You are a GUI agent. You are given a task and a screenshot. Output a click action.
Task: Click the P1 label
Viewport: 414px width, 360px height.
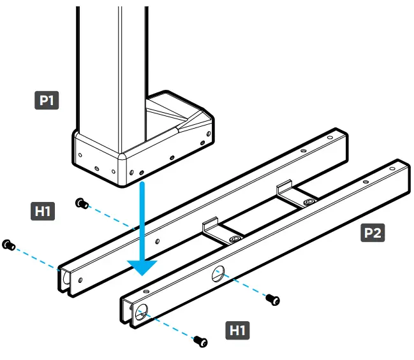pos(47,100)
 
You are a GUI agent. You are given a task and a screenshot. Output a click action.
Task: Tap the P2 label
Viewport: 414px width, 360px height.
pos(372,233)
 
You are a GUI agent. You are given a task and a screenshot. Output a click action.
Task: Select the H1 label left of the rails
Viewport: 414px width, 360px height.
pos(43,211)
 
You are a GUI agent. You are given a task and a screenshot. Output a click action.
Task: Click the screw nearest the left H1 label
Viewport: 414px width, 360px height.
pos(82,203)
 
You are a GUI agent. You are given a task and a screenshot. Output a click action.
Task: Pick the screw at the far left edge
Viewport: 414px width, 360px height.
pos(8,245)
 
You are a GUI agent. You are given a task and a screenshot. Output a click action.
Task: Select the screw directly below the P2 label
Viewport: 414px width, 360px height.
pos(273,298)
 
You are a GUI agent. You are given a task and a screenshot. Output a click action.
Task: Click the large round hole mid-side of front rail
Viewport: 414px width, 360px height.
pos(218,274)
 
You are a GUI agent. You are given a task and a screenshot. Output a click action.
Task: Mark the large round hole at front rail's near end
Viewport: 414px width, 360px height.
pos(140,311)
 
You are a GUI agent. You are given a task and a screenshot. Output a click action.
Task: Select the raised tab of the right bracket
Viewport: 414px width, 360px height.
pos(284,189)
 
